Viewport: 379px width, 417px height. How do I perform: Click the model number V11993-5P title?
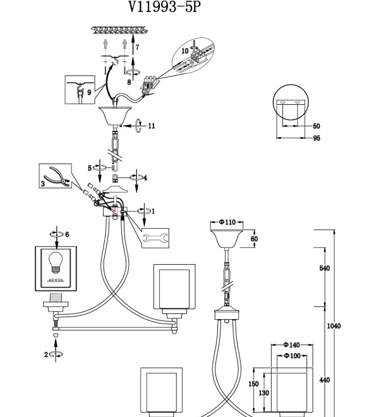[x=165, y=6]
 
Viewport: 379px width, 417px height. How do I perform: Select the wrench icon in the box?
[x=155, y=238]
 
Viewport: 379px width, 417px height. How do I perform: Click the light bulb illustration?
[x=56, y=262]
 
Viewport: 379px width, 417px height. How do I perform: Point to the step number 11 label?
[x=152, y=126]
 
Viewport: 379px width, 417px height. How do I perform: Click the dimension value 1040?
[x=334, y=326]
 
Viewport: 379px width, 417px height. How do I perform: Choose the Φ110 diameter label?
[x=227, y=222]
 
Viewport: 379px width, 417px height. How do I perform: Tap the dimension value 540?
[x=325, y=268]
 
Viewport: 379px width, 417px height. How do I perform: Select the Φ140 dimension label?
[x=291, y=345]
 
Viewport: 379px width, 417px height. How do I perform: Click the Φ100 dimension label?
[x=292, y=356]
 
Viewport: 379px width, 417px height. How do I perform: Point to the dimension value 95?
[x=316, y=138]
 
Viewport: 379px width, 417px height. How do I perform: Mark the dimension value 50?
[x=316, y=126]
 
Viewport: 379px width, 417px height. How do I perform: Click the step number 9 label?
[x=89, y=92]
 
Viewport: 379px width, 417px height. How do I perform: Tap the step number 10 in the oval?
[x=185, y=51]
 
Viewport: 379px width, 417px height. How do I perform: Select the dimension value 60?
[x=255, y=239]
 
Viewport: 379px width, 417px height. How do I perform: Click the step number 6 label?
[x=67, y=234]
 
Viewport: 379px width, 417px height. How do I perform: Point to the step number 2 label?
[x=46, y=354]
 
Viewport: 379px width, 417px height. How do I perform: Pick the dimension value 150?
[x=253, y=384]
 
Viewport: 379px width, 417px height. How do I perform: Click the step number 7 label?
[x=137, y=47]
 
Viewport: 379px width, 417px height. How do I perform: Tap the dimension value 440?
[x=325, y=380]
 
